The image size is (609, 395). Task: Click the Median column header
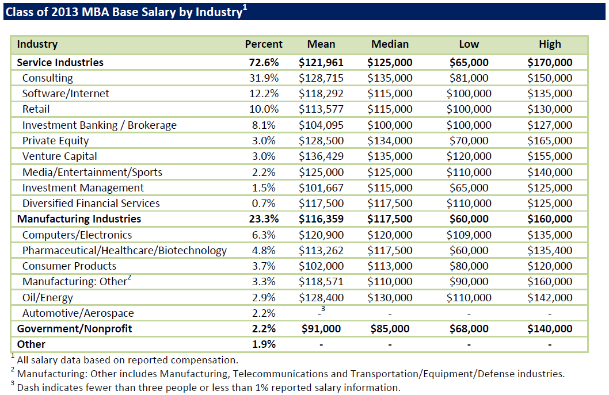[390, 44]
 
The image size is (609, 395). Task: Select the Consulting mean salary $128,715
[321, 78]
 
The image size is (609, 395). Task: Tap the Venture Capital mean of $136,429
[321, 156]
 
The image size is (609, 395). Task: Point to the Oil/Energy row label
[48, 297]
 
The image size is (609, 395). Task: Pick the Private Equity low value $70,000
[469, 141]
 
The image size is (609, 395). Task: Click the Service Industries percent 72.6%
[264, 63]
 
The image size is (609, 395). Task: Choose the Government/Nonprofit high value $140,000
[550, 329]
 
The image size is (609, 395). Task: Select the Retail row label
[36, 109]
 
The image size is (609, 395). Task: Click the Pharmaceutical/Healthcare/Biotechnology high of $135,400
[550, 250]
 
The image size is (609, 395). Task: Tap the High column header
[550, 44]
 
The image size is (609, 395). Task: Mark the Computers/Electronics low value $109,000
[469, 235]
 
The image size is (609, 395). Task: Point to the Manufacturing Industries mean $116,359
[321, 219]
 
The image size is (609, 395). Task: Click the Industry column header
[37, 44]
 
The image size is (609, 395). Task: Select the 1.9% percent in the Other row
[264, 344]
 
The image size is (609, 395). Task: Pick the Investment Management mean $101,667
[321, 188]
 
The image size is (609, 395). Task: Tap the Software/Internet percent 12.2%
[264, 94]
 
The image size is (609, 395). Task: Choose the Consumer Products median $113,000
[390, 266]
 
